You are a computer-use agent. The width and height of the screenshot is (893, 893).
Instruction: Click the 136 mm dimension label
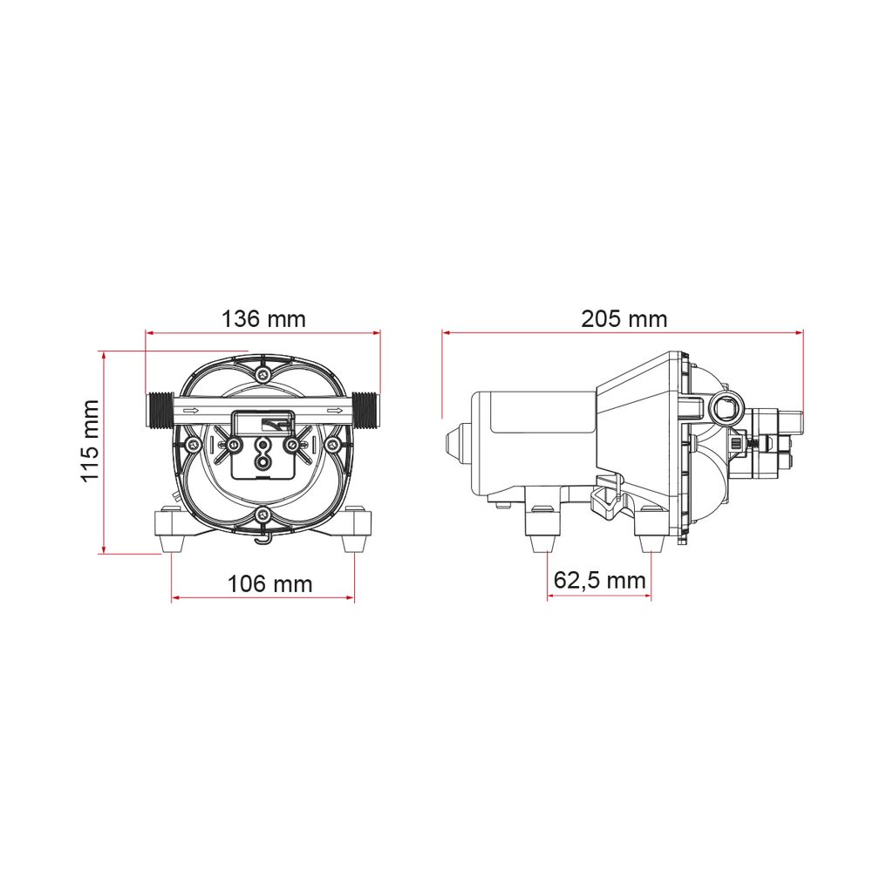(x=263, y=319)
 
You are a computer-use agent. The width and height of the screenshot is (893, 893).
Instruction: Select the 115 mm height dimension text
(x=90, y=441)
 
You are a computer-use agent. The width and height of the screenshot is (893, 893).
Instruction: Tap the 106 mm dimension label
(x=270, y=583)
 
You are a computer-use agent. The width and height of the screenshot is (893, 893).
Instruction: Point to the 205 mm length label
(x=624, y=318)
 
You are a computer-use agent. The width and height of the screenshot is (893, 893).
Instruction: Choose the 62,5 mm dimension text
(x=600, y=580)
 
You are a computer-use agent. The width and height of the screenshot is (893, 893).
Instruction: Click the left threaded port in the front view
(x=160, y=410)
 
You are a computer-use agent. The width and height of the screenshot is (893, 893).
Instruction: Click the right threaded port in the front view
(x=365, y=410)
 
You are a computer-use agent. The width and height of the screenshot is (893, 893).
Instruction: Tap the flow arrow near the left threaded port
(x=191, y=410)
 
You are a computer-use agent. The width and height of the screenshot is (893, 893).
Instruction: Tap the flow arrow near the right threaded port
(x=336, y=410)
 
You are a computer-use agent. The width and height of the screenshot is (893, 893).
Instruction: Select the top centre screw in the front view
(x=262, y=374)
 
